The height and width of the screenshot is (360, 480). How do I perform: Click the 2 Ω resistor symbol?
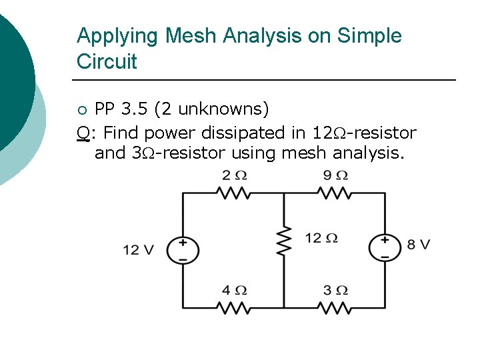click(233, 193)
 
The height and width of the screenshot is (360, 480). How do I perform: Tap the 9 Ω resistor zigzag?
click(334, 193)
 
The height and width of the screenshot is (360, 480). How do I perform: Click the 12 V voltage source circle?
click(183, 250)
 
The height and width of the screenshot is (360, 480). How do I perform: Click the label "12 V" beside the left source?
click(138, 251)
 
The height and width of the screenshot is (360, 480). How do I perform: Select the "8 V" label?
click(419, 245)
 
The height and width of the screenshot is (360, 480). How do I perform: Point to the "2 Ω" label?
click(234, 176)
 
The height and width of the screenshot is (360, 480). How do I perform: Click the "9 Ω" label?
click(335, 176)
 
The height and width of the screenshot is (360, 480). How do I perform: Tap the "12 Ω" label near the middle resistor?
click(321, 238)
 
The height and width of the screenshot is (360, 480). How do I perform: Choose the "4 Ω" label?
click(234, 291)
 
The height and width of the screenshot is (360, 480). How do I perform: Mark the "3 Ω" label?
click(335, 291)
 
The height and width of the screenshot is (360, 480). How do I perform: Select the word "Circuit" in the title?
click(107, 61)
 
